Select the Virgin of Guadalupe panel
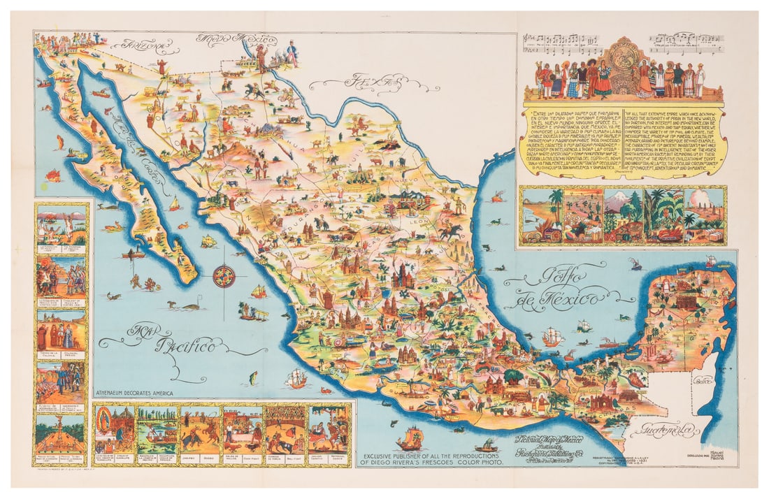pyautogui.click(x=115, y=430)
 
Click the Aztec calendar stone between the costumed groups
pyautogui.click(x=622, y=70)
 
